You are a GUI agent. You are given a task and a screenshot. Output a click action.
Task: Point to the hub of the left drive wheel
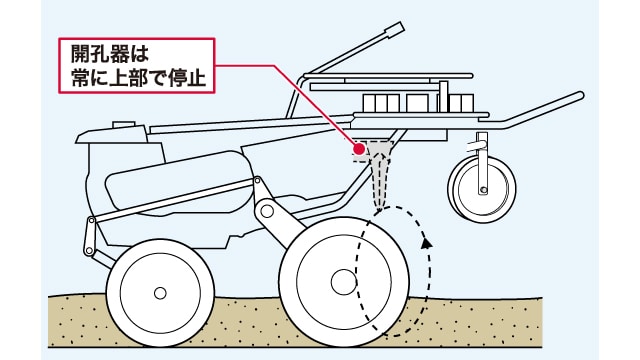tap(160, 293)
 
